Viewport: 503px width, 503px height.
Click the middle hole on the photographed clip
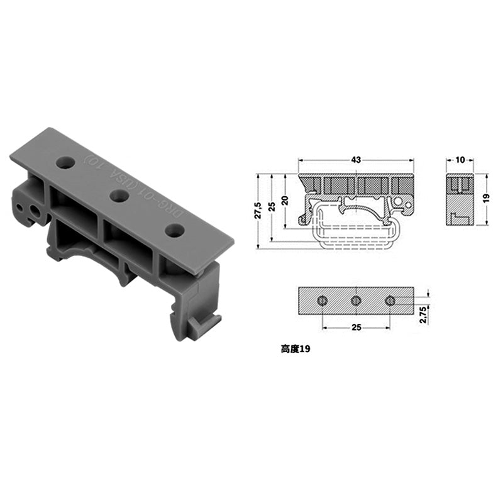click(118, 196)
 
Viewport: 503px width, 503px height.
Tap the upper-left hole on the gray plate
click(65, 163)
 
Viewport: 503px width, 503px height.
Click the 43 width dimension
click(356, 160)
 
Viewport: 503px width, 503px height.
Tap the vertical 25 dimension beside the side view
click(272, 207)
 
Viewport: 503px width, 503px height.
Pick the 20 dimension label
click(285, 201)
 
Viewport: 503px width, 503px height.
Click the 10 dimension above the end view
click(460, 160)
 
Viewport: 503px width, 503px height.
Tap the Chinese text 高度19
click(296, 347)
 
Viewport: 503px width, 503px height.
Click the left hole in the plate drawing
click(322, 301)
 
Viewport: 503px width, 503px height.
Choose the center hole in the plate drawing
click(356, 301)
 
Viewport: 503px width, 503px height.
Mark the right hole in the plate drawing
click(390, 301)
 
